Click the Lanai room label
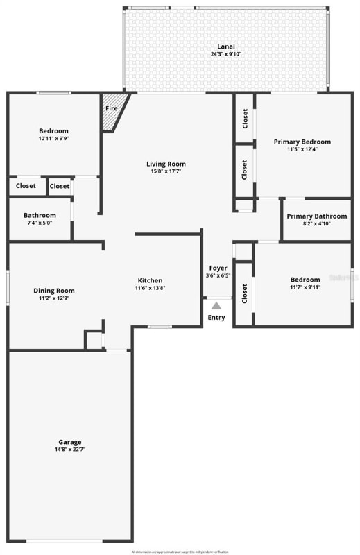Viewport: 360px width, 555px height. (221, 46)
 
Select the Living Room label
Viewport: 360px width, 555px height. (166, 164)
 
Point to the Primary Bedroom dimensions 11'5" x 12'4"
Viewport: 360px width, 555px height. (302, 149)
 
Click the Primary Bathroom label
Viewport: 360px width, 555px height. (316, 216)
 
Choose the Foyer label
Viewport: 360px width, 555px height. (218, 268)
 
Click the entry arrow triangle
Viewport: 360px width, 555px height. (216, 305)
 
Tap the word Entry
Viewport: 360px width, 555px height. (216, 318)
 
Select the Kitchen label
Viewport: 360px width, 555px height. (150, 280)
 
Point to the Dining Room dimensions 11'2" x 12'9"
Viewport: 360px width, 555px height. (54, 298)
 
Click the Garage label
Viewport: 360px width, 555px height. (69, 442)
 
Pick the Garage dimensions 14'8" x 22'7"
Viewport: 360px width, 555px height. (69, 450)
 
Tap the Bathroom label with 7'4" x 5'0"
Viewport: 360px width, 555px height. (40, 215)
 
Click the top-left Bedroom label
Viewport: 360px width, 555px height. (53, 131)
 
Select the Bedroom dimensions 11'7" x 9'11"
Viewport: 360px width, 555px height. (305, 287)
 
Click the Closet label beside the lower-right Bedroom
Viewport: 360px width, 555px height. (245, 293)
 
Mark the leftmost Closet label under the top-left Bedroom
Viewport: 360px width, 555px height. (26, 186)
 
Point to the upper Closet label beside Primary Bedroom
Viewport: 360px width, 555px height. (245, 119)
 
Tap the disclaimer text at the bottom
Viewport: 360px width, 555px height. (180, 551)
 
